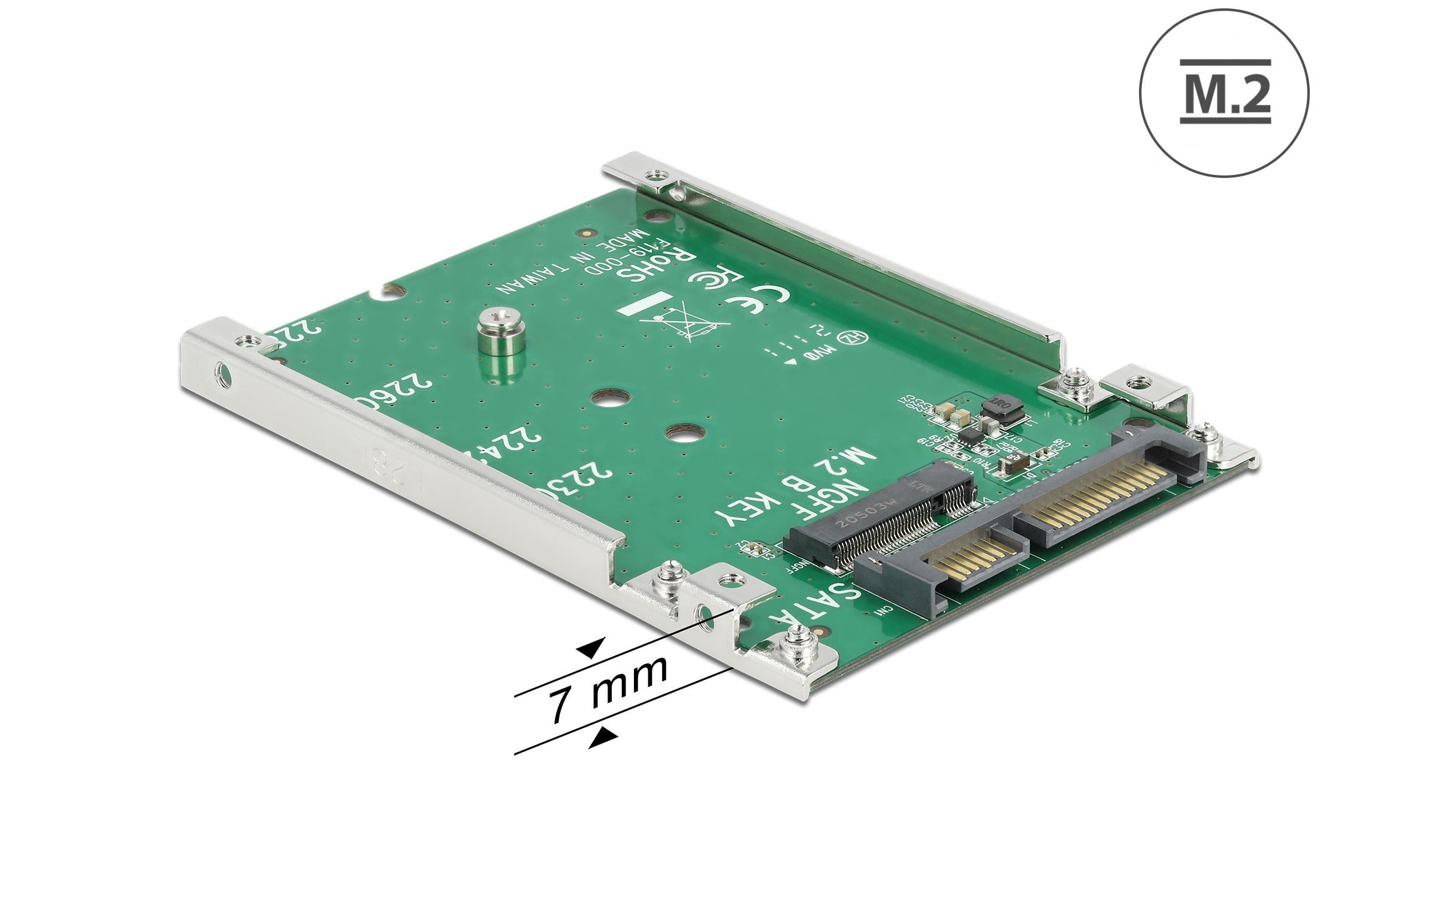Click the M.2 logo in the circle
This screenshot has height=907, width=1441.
pos(1224,93)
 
